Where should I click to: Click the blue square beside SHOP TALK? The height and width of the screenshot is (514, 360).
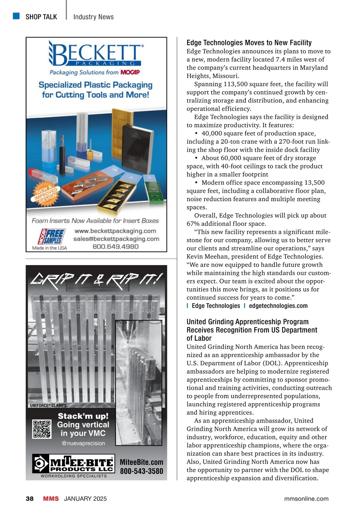click(16, 16)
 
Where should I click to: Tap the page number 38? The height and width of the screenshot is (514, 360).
click(30, 499)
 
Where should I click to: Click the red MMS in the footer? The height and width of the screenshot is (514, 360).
click(51, 499)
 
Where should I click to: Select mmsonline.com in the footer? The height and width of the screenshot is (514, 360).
click(306, 499)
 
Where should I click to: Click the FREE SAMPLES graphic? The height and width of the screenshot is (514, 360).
click(51, 237)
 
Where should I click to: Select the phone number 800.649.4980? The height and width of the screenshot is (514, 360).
click(115, 247)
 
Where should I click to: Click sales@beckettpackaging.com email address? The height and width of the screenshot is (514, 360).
click(116, 239)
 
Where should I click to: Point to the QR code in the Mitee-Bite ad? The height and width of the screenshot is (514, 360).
click(42, 429)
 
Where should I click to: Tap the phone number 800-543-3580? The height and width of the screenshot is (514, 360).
click(142, 471)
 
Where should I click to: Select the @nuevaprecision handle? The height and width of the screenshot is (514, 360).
click(83, 443)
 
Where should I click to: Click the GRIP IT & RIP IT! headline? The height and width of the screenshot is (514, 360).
click(97, 281)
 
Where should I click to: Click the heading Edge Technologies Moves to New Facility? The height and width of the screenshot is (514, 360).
click(249, 43)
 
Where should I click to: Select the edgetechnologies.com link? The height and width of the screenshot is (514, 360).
click(278, 306)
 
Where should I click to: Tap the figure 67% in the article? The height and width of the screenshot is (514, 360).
click(193, 224)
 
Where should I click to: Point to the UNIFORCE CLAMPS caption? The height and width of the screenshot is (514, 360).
click(48, 405)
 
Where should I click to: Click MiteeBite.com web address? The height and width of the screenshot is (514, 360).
click(142, 462)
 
